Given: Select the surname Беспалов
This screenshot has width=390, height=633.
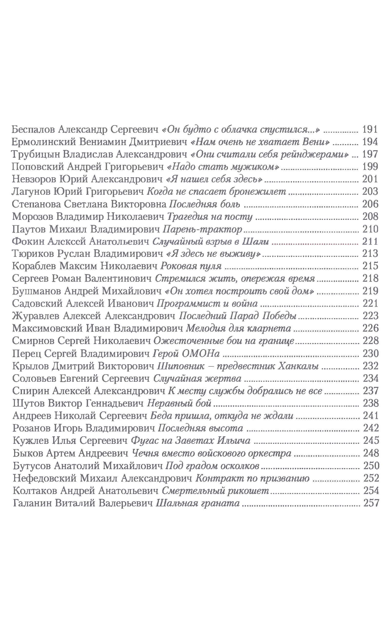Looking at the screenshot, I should tap(33, 129).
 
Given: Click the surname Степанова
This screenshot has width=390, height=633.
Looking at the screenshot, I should tap(36, 204).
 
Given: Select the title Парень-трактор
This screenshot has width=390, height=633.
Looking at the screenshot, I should tap(203, 229).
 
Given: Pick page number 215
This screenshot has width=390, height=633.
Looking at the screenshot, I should tap(370, 266).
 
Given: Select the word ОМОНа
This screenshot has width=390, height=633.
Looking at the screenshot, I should tap(201, 353).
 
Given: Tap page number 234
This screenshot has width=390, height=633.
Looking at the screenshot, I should tap(371, 378).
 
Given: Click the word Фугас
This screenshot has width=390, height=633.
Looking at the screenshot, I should tap(142, 441).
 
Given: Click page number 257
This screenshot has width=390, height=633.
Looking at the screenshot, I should tap(371, 503).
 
